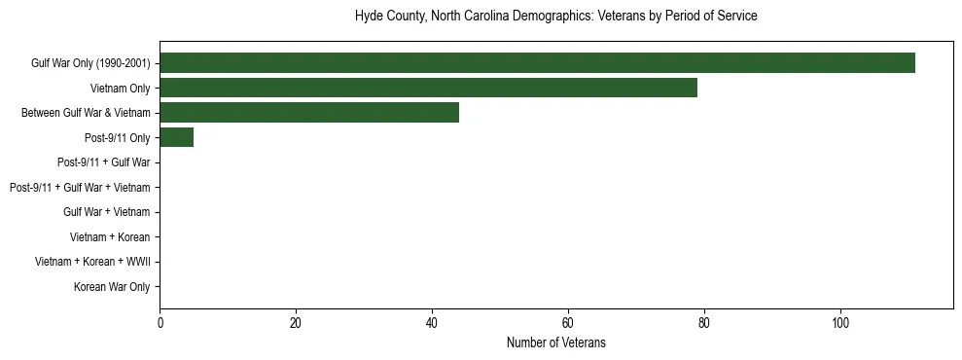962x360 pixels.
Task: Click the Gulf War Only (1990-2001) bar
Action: point(537,63)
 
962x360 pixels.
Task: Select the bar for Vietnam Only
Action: point(428,88)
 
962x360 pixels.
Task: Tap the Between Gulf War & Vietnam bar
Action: point(309,113)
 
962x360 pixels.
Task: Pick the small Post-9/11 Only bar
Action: point(177,138)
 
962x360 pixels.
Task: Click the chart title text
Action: point(555,17)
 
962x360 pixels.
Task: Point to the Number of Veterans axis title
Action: point(555,342)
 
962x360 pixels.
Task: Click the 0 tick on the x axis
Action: point(160,322)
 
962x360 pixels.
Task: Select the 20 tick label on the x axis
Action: point(296,322)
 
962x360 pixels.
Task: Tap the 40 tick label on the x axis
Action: point(432,322)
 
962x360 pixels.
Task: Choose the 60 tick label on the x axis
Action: point(568,322)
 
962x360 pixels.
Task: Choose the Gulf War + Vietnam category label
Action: point(106,212)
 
